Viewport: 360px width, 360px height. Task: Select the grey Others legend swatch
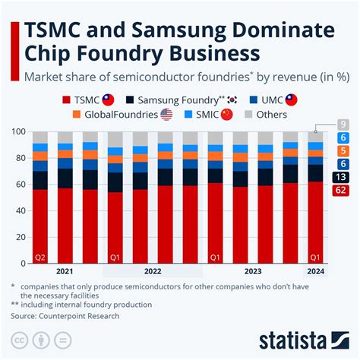pos(248,115)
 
